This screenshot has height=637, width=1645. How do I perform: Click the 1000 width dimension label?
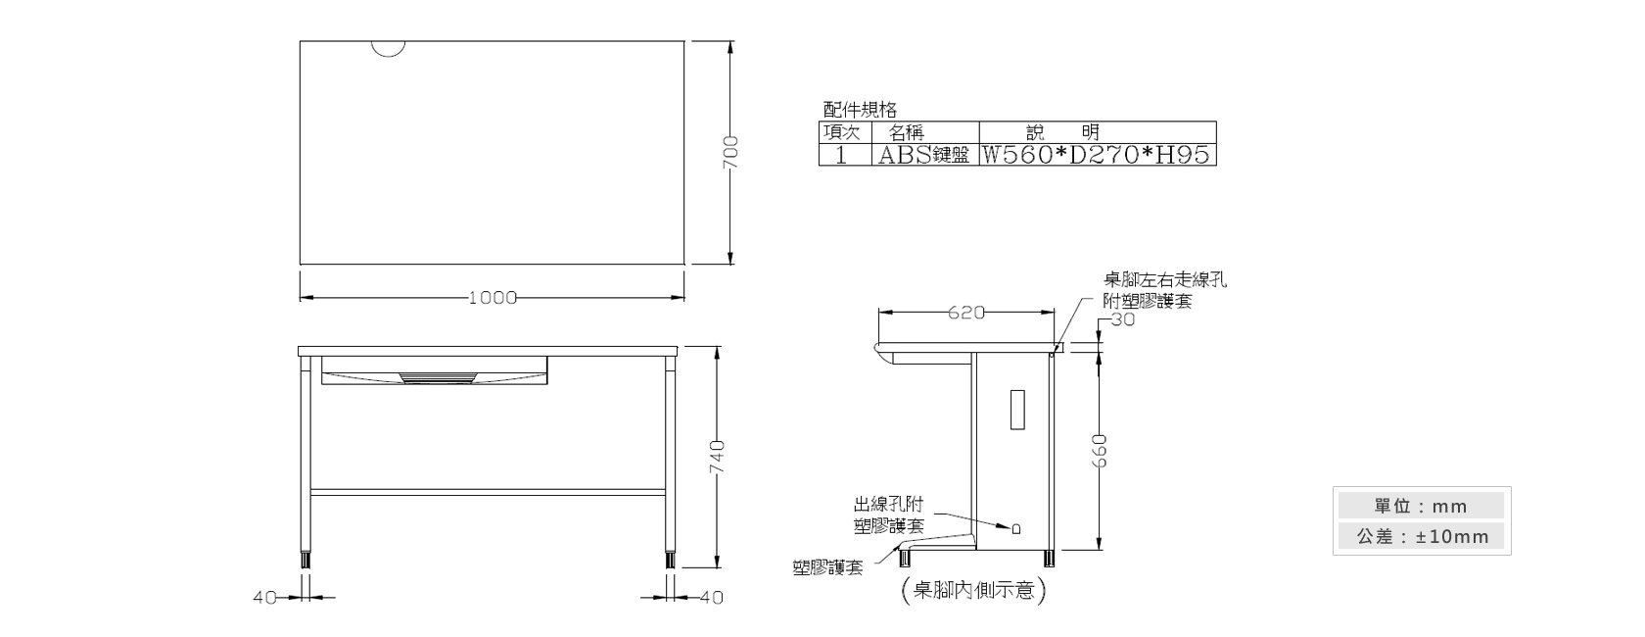click(493, 298)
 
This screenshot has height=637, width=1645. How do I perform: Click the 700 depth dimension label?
click(730, 152)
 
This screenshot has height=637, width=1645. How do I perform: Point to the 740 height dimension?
click(718, 457)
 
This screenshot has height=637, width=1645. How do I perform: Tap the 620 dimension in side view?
click(965, 313)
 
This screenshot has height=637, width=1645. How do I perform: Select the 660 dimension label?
click(1100, 451)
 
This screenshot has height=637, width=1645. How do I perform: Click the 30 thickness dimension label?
click(1123, 319)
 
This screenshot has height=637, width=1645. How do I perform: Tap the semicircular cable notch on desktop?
click(388, 49)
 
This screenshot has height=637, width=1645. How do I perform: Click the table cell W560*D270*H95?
click(1097, 154)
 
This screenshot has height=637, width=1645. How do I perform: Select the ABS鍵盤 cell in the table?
click(924, 154)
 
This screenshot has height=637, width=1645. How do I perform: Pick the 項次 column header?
click(842, 132)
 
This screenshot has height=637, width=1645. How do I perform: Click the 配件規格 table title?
click(860, 110)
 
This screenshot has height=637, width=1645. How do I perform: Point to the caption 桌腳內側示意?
click(973, 590)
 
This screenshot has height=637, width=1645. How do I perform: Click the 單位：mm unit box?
click(1421, 506)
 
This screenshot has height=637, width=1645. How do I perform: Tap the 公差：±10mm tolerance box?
click(1421, 536)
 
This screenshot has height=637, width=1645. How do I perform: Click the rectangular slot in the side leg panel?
click(1017, 409)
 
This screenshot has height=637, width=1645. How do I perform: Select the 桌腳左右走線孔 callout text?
click(1165, 280)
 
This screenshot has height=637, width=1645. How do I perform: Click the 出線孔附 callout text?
click(888, 504)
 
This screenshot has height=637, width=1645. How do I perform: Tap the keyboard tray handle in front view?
click(438, 378)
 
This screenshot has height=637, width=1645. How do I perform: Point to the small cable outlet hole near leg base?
click(1016, 528)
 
